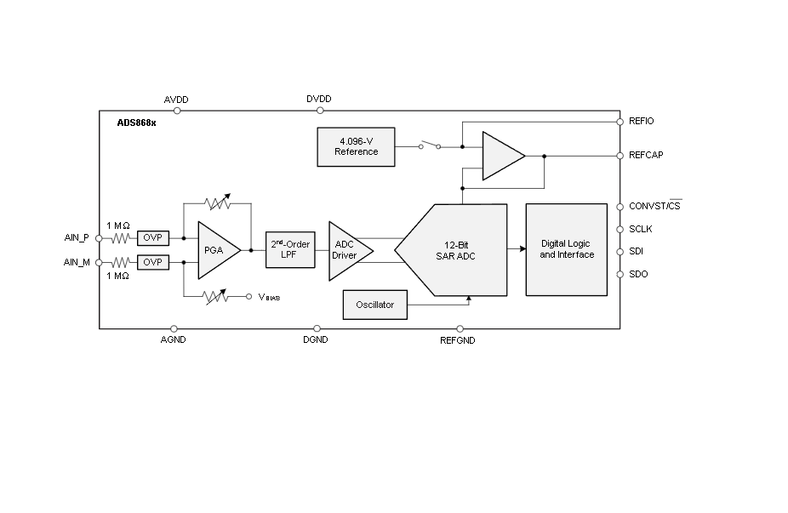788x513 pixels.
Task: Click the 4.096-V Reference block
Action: (x=356, y=147)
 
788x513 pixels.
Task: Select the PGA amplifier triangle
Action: (x=216, y=250)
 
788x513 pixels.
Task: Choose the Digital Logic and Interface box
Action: (x=566, y=249)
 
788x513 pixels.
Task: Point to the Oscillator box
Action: (x=374, y=305)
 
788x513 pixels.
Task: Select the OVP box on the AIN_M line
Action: (x=153, y=262)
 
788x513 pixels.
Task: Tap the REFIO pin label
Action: (x=641, y=122)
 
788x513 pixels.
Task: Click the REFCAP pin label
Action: (x=646, y=156)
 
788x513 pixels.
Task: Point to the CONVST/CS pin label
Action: (x=654, y=207)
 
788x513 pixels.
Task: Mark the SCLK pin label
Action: (x=641, y=229)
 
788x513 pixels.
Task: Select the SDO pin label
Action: (x=638, y=274)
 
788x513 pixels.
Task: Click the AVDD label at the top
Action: (x=175, y=100)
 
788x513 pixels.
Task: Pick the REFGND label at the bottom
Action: (x=457, y=340)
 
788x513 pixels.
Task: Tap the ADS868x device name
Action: (x=136, y=123)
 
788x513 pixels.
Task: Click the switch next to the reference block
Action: (x=430, y=145)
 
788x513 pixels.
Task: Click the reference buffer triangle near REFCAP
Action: (x=501, y=156)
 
